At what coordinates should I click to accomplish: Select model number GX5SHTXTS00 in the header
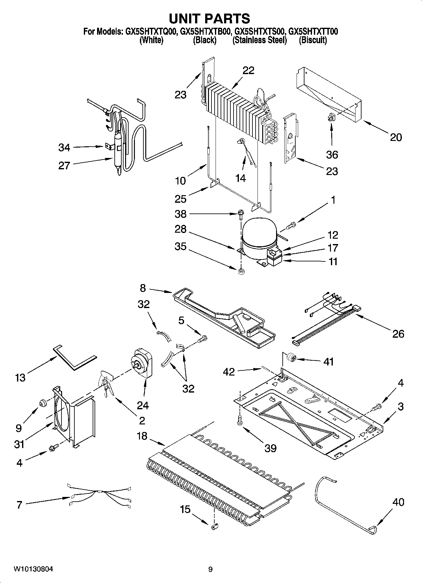click(x=260, y=32)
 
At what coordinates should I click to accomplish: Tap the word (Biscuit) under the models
click(x=313, y=40)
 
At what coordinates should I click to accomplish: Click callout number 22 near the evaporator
click(x=248, y=70)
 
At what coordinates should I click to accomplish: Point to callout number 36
click(x=332, y=154)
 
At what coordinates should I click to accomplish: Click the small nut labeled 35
click(x=241, y=271)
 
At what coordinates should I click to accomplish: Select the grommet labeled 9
click(x=42, y=403)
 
